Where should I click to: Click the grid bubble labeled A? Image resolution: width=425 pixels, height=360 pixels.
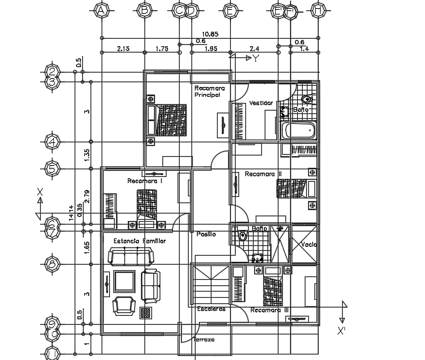click(x=102, y=10)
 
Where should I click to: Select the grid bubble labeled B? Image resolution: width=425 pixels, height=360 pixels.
click(x=145, y=10)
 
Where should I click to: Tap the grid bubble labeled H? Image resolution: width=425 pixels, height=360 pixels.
click(x=318, y=10)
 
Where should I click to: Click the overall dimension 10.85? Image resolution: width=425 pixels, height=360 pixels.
click(x=211, y=33)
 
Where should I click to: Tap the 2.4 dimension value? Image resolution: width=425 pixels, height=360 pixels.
click(x=254, y=49)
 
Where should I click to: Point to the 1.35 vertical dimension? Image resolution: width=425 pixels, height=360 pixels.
click(x=87, y=155)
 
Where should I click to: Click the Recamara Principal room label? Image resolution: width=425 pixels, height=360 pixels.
click(x=207, y=91)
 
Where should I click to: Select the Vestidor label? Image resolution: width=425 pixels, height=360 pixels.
click(x=261, y=103)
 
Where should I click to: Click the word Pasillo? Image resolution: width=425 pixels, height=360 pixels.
click(x=206, y=234)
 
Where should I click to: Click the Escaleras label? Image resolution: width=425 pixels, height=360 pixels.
click(x=211, y=308)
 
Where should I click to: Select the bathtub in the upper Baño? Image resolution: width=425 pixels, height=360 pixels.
click(x=299, y=130)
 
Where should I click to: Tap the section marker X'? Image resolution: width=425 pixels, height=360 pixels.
click(x=341, y=331)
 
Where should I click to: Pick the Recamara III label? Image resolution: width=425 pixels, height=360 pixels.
click(x=270, y=310)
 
